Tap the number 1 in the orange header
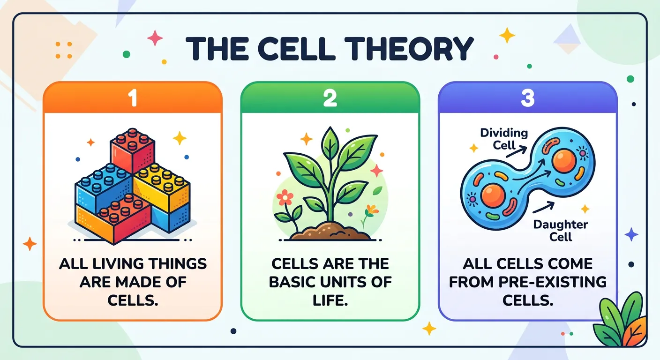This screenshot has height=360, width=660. point(133,100)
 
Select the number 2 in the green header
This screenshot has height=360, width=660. point(330,100)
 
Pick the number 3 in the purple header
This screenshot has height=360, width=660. point(527,100)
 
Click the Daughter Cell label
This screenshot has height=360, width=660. point(560,230)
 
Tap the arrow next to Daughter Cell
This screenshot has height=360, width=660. point(544,208)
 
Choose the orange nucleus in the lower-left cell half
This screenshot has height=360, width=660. point(492,195)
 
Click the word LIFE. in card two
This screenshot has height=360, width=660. point(330,300)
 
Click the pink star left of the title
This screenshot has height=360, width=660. point(155,38)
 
